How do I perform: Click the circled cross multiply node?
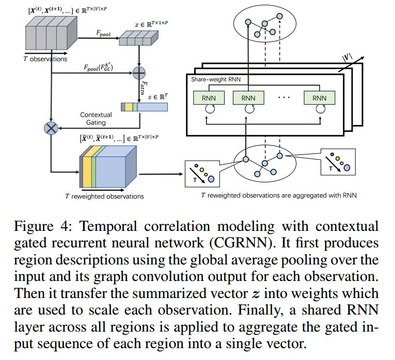(51, 127)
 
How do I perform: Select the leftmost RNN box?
(207, 98)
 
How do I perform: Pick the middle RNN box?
(248, 98)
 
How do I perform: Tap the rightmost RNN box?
(319, 98)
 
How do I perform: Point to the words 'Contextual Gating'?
(96, 118)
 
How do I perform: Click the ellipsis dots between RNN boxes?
(283, 98)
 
